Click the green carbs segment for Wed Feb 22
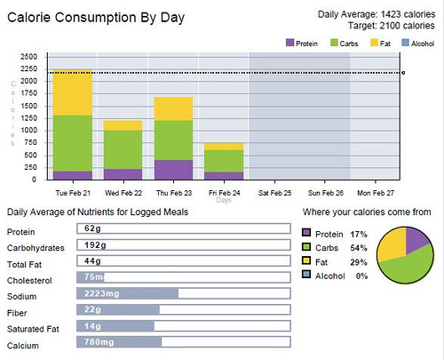point(123,149)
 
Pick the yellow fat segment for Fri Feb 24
point(224,147)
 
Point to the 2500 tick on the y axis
point(28,56)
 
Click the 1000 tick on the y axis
point(28,130)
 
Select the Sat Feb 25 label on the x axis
point(274,192)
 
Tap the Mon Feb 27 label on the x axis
point(375,192)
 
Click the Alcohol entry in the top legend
point(416,42)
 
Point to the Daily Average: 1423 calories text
point(377,14)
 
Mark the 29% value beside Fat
point(359,262)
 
